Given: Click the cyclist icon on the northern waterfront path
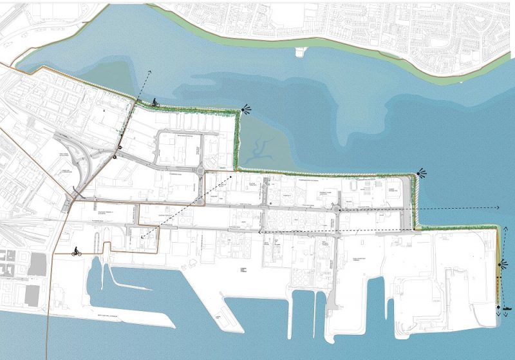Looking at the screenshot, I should coord(155,102).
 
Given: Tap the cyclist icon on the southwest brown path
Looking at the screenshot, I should coord(77,251).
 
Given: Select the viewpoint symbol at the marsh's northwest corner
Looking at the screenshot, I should coord(245,111).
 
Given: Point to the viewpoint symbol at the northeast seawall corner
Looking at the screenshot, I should coord(421,173).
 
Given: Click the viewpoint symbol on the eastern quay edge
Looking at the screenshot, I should coord(501,264).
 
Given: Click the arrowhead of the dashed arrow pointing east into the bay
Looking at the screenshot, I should coord(498,207).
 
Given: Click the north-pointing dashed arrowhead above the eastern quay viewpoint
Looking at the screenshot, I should coord(496,234).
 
